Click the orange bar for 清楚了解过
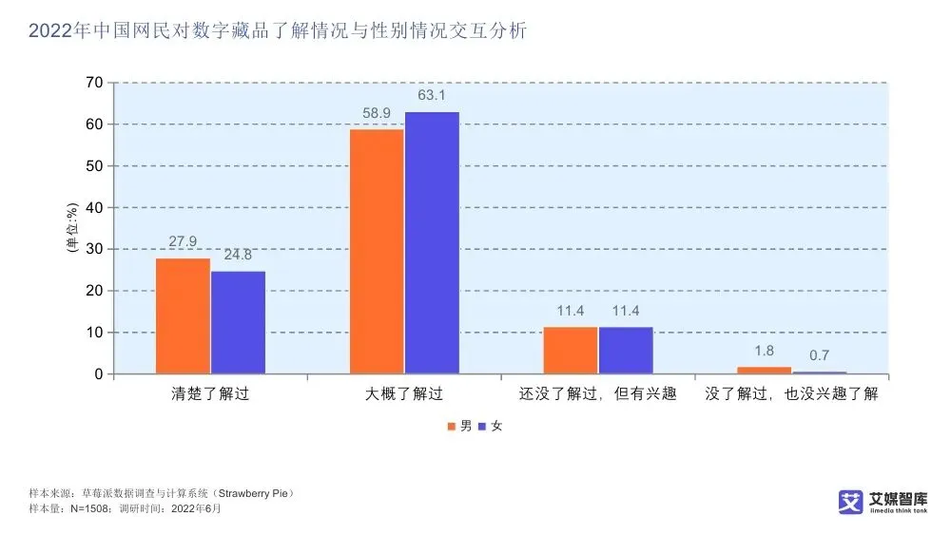pos(183,315)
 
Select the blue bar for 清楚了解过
pos(238,322)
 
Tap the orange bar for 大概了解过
pos(377,251)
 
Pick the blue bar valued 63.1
pos(432,242)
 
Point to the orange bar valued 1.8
pos(765,370)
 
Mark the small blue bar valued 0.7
pos(820,372)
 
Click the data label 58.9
pos(377,114)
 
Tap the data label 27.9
pos(183,242)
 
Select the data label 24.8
pos(238,256)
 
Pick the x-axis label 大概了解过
pos(404,393)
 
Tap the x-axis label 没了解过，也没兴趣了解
pos(791,393)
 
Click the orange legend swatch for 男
pos(453,427)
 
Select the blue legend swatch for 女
pos(482,427)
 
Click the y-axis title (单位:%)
pos(70,228)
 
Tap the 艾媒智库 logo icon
pos(850,503)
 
